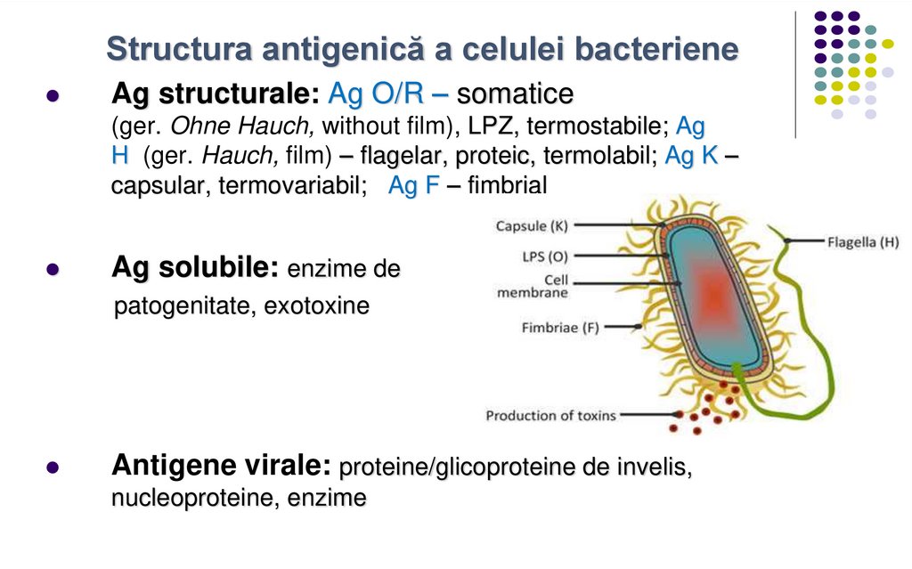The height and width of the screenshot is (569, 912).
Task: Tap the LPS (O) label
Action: click(x=545, y=256)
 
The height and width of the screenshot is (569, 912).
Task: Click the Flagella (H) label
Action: click(x=863, y=240)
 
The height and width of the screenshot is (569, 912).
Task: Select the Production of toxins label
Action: click(x=550, y=415)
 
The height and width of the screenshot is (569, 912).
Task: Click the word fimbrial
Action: click(x=508, y=186)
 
